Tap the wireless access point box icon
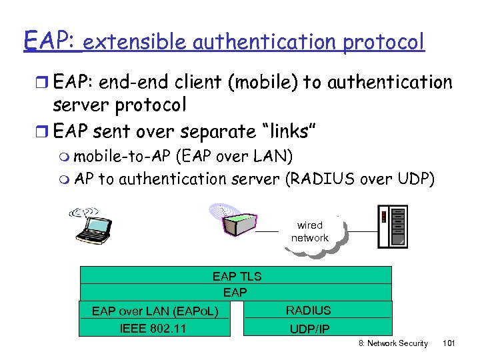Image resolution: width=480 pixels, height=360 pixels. (x=237, y=223)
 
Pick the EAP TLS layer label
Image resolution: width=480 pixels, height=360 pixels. (x=237, y=276)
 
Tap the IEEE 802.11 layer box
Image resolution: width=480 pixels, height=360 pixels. (x=153, y=327)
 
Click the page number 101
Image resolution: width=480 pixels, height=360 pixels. (x=449, y=343)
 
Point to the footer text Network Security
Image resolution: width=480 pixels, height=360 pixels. (x=399, y=343)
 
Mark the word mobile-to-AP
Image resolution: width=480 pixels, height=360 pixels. (x=122, y=157)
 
